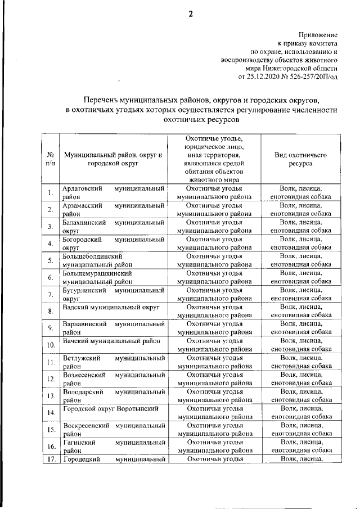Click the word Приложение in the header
[318, 34]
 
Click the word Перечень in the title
[103, 99]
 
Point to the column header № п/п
[51, 159]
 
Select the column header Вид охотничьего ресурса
[300, 159]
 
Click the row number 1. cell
[51, 193]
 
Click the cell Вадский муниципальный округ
[112, 308]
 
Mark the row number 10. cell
[51, 345]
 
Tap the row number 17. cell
[51, 460]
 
